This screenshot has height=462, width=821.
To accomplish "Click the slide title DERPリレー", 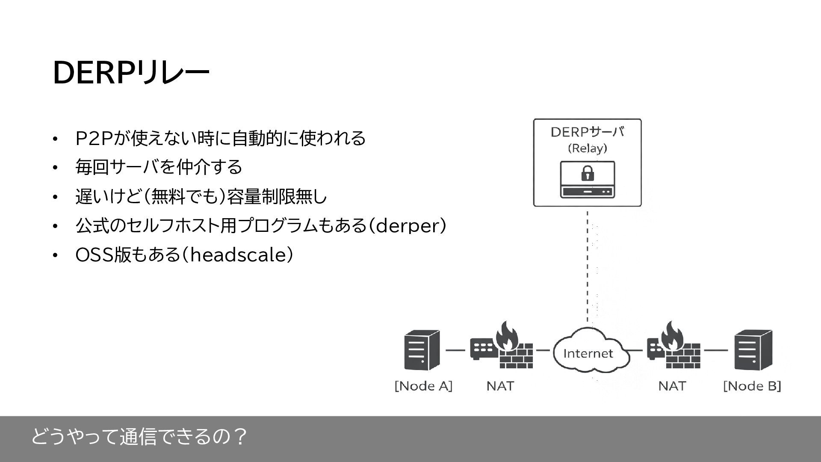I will point(130,73).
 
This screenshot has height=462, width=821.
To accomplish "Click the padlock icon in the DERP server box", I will point(588,173).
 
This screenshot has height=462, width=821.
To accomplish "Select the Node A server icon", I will point(422,350).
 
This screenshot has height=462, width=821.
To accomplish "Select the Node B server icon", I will point(753,350).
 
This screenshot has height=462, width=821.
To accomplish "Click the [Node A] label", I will point(423,386).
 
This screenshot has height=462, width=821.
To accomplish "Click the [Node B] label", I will point(752,386).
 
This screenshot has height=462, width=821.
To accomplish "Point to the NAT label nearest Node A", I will point(500,386).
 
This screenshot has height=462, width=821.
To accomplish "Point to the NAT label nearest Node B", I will point(672,386).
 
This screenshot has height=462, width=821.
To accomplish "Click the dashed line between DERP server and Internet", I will point(588,265).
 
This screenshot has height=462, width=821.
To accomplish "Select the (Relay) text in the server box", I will point(588,148).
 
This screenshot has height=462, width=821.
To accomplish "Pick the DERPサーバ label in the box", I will point(588,132).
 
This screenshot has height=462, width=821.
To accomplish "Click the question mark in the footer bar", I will point(240,437).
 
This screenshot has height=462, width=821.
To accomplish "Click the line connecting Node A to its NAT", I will point(455,350).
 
